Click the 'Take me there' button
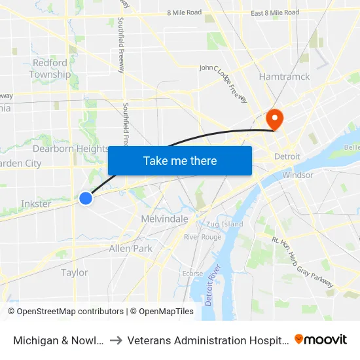coord(180,160)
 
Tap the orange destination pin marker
coord(274,118)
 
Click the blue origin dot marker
coord(86,198)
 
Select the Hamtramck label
coord(284,77)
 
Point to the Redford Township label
coord(50,69)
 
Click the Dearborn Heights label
coord(71,149)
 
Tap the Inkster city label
coord(36,204)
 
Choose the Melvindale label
coord(165,219)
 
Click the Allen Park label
coord(131,249)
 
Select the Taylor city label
coord(74,272)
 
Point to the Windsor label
coord(298,175)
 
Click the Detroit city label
coord(287,157)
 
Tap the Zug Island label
coord(225,224)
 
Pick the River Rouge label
coord(202,237)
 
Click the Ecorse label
coord(192,274)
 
